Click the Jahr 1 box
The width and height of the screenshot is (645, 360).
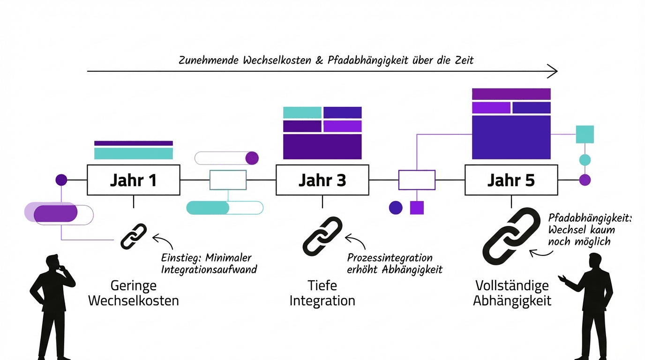(134, 180)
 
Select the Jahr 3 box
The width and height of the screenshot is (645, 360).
(322, 180)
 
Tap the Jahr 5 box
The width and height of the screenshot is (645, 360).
(511, 180)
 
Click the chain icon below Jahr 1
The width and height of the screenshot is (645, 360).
(134, 236)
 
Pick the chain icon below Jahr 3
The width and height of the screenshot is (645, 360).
(322, 236)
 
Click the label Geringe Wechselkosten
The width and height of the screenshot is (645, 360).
(134, 293)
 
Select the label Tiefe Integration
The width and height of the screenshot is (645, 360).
(322, 293)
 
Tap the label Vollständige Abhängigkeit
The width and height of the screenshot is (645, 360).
(512, 293)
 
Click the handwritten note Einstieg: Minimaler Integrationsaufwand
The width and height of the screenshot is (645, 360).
(209, 264)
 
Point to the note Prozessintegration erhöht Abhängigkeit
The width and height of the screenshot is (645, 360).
(395, 264)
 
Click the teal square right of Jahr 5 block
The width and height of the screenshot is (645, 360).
(585, 134)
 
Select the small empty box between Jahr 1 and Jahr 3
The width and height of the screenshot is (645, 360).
(228, 180)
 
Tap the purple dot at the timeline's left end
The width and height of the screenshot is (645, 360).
(61, 180)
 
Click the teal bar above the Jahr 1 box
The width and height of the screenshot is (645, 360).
(134, 153)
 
